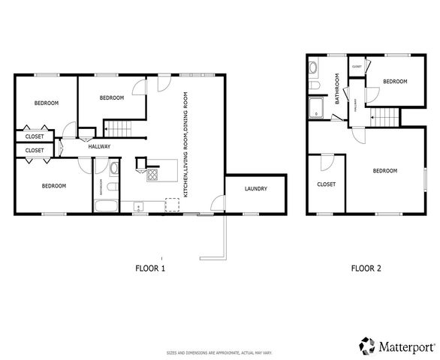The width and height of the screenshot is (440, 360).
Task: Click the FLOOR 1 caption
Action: (x=150, y=268)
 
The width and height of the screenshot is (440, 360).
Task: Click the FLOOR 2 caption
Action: (x=366, y=268)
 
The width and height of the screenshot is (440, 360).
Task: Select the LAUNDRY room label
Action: (x=255, y=189)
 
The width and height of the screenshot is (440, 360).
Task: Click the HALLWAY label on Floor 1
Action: (x=100, y=146)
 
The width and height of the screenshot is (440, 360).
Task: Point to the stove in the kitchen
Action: (x=152, y=175)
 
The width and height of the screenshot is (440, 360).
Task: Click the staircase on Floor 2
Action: (x=383, y=117)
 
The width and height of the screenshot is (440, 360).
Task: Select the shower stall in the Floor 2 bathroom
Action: (x=315, y=109)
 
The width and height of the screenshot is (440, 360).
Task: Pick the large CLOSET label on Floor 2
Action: (x=326, y=184)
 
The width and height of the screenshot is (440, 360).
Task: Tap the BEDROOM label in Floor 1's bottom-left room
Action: (x=54, y=186)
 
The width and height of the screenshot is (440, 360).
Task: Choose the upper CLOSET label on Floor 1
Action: (x=35, y=136)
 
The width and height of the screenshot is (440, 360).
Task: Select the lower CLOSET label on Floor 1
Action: (x=35, y=151)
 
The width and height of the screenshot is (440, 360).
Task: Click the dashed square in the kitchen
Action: (x=172, y=205)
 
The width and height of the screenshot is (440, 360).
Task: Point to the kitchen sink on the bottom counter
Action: (x=137, y=204)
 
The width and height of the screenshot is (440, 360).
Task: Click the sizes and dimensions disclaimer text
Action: (x=219, y=352)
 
